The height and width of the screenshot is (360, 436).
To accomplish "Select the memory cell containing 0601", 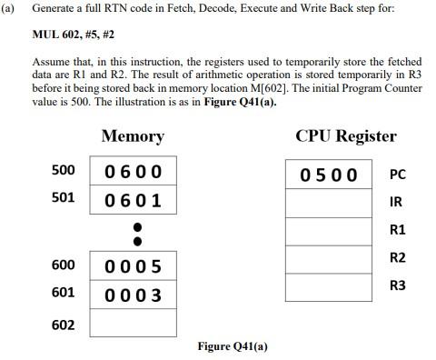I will [x=134, y=200].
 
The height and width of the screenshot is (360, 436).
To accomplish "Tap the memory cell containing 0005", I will [x=134, y=266].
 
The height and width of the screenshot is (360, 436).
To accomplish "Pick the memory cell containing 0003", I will [x=134, y=295].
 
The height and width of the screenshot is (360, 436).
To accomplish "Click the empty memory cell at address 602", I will [x=134, y=324].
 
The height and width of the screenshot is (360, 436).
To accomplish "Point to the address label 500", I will [x=63, y=171].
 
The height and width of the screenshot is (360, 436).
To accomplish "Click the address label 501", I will [x=63, y=197].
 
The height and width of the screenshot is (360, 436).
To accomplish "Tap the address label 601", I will [x=63, y=292].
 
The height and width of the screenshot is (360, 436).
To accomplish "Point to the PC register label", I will [x=397, y=174].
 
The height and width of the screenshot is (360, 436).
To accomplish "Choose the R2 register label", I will [x=397, y=257].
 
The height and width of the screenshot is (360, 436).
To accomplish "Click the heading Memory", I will [x=133, y=136].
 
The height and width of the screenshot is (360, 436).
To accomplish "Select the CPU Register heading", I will [x=346, y=136].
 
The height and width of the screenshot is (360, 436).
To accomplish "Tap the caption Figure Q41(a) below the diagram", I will [x=233, y=345].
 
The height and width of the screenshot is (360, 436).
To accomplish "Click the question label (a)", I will [x=10, y=8].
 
